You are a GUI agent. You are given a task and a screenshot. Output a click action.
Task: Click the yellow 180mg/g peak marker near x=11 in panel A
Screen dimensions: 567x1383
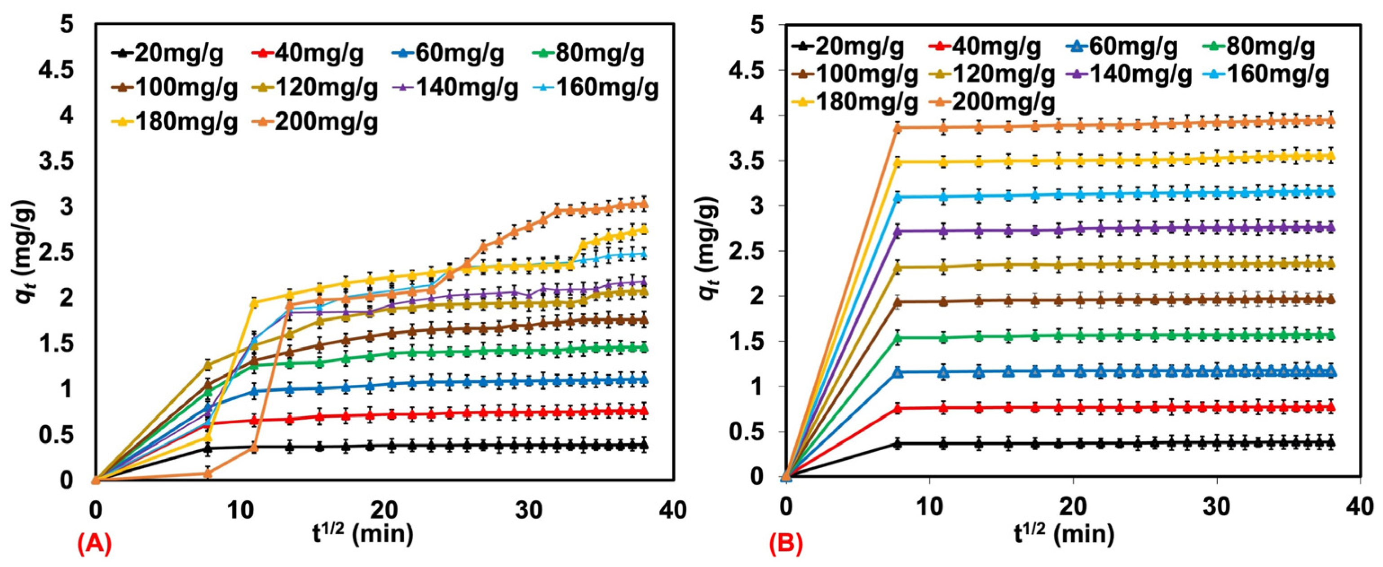(254, 303)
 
